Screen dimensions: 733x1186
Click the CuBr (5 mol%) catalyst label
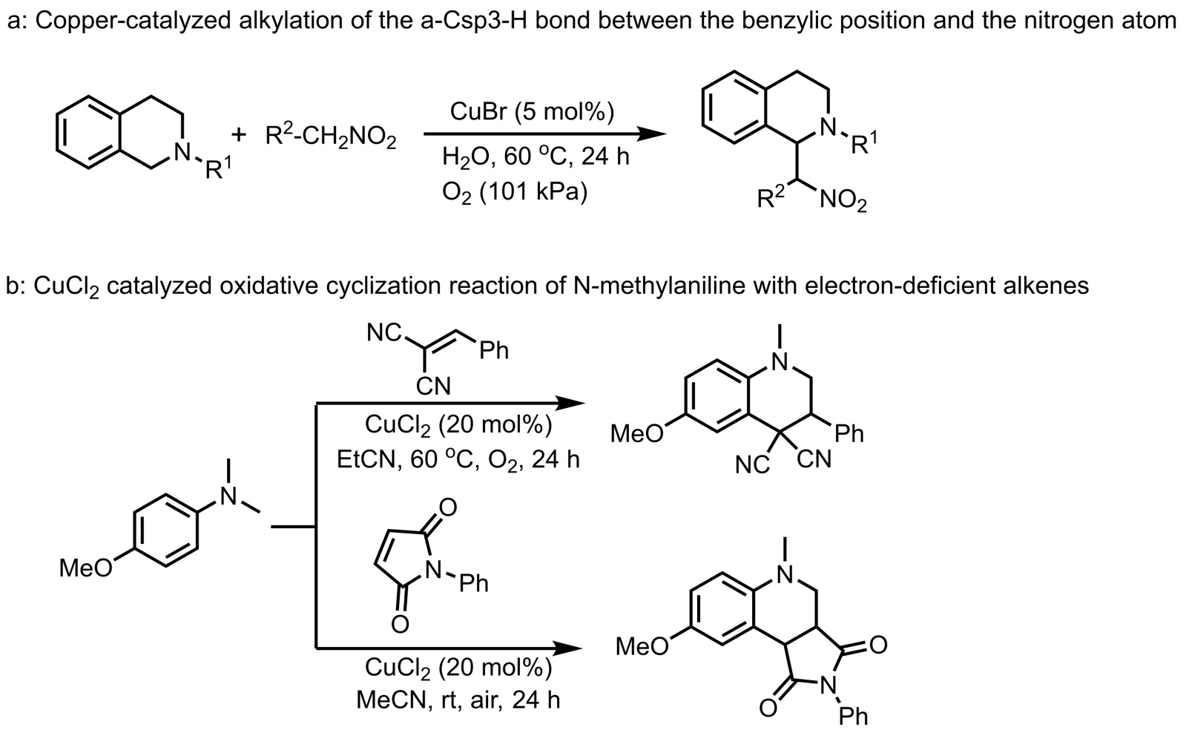531,113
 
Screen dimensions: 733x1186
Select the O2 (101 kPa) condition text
514,193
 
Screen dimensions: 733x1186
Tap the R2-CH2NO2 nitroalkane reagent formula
331,137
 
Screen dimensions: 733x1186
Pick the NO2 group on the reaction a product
844,202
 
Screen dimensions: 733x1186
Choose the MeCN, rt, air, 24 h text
458,699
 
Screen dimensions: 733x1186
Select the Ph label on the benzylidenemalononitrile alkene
494,351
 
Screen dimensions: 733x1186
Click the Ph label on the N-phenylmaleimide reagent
474,584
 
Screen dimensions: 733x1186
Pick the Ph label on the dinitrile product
849,434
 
